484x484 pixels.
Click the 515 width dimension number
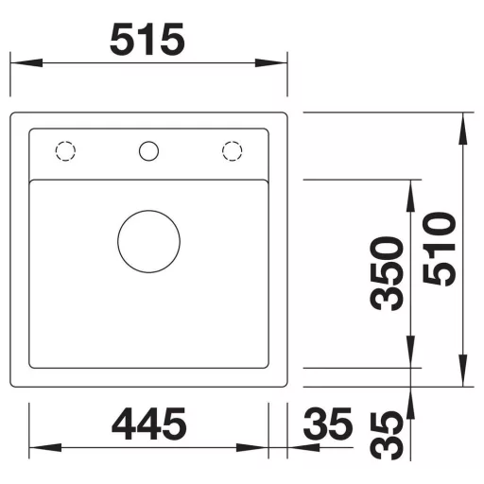[x=147, y=40]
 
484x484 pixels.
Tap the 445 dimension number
[x=149, y=423]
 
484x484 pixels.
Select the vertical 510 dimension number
[x=440, y=249]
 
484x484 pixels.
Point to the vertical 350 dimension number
[x=387, y=273]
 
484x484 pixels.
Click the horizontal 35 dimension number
[x=328, y=423]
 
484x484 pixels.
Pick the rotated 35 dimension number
[x=387, y=436]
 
